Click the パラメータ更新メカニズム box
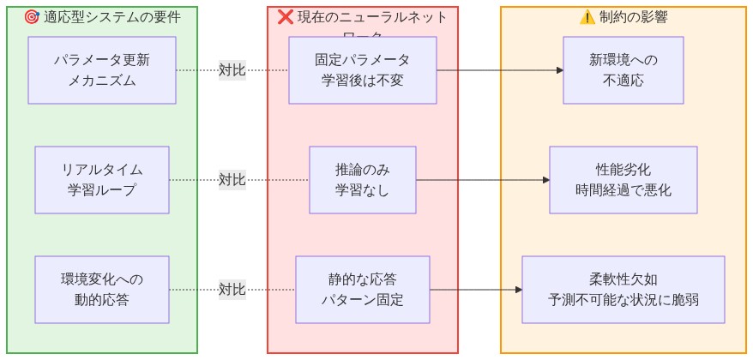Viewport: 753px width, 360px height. pos(101,70)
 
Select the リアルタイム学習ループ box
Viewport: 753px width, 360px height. pos(101,180)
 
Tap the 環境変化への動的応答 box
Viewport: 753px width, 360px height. pos(101,290)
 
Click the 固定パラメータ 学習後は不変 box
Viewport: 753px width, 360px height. pos(362,70)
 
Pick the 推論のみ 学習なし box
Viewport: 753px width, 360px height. pos(362,180)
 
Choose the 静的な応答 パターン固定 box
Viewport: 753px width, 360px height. pos(362,290)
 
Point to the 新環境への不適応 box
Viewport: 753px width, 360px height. pos(623,70)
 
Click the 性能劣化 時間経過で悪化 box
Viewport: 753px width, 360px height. pos(623,180)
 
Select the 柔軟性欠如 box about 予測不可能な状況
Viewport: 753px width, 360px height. pos(623,290)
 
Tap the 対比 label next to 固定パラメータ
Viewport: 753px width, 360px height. pos(232,70)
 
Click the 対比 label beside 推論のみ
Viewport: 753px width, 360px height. pos(232,180)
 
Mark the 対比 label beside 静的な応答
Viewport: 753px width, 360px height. pos(232,290)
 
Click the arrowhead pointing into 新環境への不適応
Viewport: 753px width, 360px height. pos(559,70)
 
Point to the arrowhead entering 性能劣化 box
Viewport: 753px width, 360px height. pos(545,180)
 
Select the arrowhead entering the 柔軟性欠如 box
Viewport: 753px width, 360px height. pos(518,290)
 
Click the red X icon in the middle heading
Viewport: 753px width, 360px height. pos(286,17)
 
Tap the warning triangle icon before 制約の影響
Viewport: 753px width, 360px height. pos(587,17)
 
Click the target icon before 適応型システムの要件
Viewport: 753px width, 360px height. pos(32,17)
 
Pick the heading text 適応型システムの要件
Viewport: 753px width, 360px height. pos(112,17)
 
